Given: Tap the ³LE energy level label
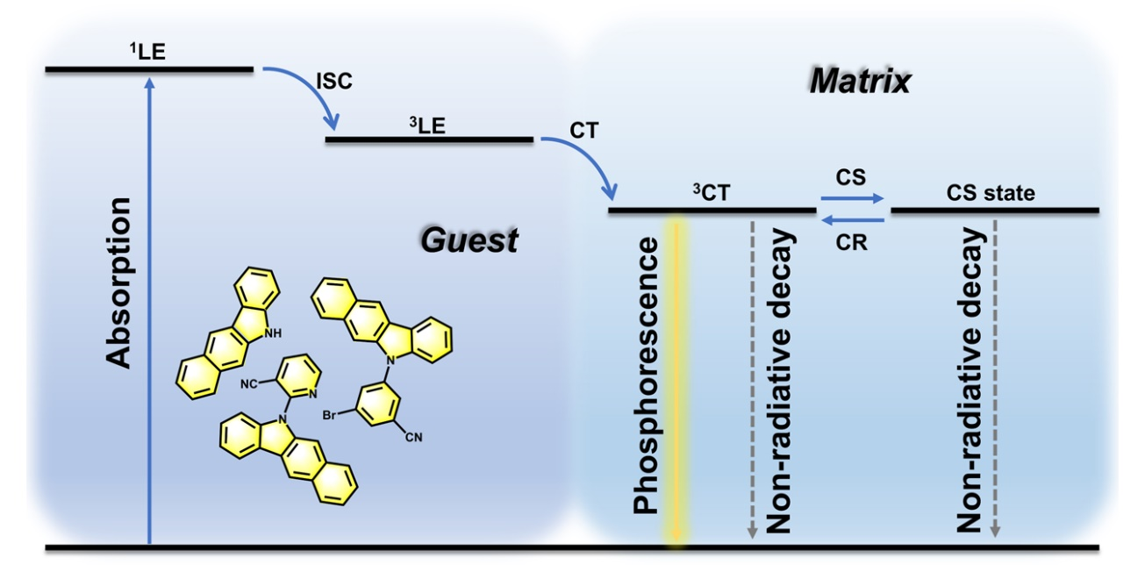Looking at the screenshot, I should point(427,125).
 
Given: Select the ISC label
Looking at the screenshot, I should point(333,82).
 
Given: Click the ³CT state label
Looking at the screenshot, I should point(711,193).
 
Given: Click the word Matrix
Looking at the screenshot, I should point(860,82).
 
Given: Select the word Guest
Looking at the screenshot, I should point(469,240).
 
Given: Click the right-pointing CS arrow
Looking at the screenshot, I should point(852,199).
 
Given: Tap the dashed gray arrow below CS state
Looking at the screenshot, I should point(995,377).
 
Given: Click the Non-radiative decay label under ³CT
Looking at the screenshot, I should point(780,382).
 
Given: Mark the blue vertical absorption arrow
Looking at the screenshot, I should point(150,307).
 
